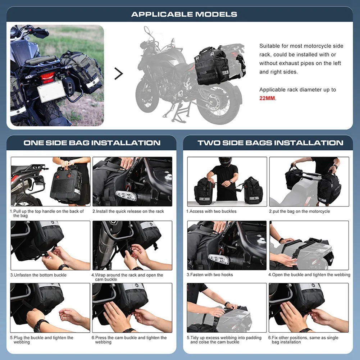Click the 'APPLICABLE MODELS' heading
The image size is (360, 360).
(184, 14)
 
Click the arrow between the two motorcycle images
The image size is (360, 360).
(119, 74)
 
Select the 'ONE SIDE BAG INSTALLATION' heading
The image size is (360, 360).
(92, 143)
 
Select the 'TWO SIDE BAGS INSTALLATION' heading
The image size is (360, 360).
(270, 143)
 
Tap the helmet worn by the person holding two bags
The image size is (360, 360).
(225, 161)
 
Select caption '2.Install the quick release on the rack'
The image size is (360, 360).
(128, 211)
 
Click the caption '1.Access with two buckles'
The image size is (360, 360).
(211, 211)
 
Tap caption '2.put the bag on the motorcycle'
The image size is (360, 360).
(299, 211)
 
